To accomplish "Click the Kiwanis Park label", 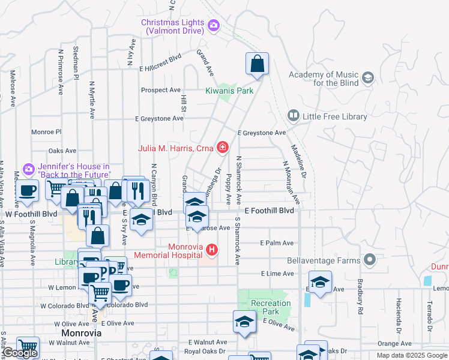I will pyautogui.click(x=229, y=91).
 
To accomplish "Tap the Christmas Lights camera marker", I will pyautogui.click(x=214, y=25).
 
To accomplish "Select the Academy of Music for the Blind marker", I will pyautogui.click(x=367, y=77).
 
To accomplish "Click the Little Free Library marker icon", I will pyautogui.click(x=294, y=114).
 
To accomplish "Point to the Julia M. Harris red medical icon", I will pyautogui.click(x=223, y=146).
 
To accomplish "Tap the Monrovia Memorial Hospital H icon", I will pyautogui.click(x=211, y=249).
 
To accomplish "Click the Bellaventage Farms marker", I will pyautogui.click(x=370, y=259).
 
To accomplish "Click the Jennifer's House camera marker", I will pyautogui.click(x=28, y=170).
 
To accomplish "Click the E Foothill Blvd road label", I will pyautogui.click(x=270, y=211).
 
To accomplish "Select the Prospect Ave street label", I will pyautogui.click(x=160, y=90).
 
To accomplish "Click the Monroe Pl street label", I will pyautogui.click(x=46, y=131).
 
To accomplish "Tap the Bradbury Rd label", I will pyautogui.click(x=361, y=304).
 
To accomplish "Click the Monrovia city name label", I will pyautogui.click(x=81, y=332).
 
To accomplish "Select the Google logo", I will pyautogui.click(x=20, y=353).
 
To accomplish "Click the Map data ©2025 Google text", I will pyautogui.click(x=411, y=355).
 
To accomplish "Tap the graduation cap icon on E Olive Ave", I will pyautogui.click(x=244, y=322).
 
